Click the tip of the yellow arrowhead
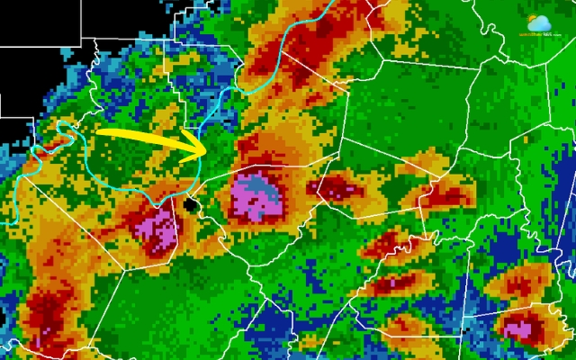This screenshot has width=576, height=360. coord(208,149)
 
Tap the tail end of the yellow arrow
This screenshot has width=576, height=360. coord(97,132)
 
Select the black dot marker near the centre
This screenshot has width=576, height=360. coord(190,205)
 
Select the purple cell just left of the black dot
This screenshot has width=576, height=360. coord(157,225)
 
